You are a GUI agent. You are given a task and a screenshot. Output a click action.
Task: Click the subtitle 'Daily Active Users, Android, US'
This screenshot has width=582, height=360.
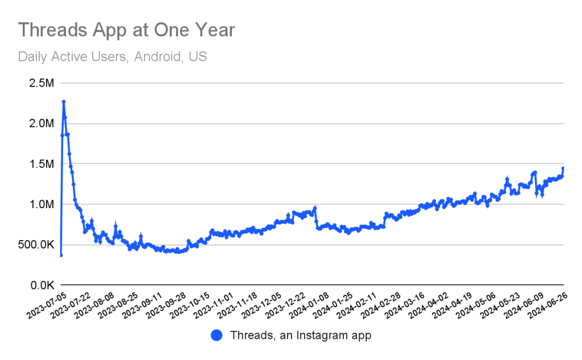(113, 57)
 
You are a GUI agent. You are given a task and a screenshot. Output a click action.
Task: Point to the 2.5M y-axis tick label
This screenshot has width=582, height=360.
(41, 83)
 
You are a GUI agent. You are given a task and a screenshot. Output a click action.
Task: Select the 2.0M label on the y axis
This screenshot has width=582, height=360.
(41, 123)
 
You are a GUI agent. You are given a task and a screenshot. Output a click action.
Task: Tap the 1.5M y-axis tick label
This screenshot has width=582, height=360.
(41, 164)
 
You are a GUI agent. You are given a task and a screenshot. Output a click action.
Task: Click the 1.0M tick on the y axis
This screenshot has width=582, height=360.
(41, 204)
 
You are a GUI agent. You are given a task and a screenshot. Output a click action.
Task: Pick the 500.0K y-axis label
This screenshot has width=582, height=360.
(36, 245)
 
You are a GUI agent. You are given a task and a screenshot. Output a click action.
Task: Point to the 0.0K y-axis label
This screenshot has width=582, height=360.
(42, 285)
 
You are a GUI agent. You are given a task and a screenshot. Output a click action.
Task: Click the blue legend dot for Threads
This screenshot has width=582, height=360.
(217, 336)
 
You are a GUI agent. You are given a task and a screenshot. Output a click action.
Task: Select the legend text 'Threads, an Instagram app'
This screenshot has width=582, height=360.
(301, 336)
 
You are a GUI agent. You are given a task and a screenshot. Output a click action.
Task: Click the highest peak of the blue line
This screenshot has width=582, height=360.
(64, 101)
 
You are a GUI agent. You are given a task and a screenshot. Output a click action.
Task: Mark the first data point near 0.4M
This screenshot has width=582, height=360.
(61, 255)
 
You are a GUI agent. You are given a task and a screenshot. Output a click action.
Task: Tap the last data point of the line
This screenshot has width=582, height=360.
(563, 168)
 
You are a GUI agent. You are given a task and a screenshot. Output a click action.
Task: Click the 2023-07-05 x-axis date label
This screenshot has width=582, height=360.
(46, 305)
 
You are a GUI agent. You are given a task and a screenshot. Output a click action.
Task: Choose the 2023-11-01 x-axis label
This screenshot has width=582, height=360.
(214, 305)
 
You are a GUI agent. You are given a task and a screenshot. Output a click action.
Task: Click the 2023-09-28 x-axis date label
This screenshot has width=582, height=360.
(165, 305)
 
